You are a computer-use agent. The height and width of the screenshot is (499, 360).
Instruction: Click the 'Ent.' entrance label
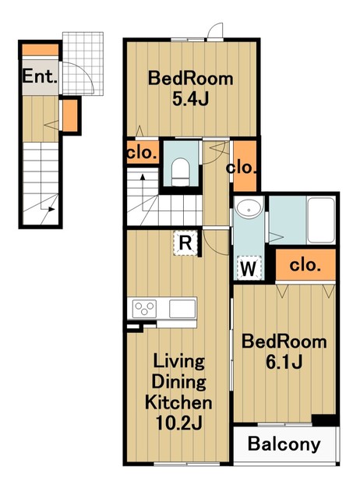pos(40,76)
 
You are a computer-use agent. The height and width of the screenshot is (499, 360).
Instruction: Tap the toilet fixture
pos(180,172)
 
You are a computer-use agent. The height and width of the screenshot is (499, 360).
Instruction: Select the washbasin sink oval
pos(249,210)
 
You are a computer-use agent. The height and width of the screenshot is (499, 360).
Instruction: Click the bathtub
pos(321,220)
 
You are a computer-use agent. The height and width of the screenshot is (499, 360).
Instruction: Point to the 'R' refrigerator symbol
pos(185,243)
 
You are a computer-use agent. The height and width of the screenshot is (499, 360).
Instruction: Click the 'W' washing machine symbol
pos(249,268)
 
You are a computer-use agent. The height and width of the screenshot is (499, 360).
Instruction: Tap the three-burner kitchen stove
pos(145,309)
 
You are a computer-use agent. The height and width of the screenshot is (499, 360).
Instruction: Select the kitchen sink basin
pos(182,309)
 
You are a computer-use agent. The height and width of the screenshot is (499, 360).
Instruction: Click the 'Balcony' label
pos(284,444)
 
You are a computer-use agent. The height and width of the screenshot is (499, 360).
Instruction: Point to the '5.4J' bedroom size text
pos(190,99)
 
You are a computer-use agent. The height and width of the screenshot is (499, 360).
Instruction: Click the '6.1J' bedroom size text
pos(284,362)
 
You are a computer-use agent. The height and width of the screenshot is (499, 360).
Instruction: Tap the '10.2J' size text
pos(178,423)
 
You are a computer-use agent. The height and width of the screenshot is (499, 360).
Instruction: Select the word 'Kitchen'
pos(178,402)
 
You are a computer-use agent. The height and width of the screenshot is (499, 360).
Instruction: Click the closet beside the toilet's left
pos(143,153)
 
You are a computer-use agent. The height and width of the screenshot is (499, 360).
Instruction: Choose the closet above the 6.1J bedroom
pos(305,264)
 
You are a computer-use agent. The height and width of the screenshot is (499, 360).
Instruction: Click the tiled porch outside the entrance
pos(83,63)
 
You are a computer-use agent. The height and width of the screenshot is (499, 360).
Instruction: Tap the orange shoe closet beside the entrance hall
pos(70,115)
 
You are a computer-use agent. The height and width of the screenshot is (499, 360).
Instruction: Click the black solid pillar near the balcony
pos(323,419)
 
